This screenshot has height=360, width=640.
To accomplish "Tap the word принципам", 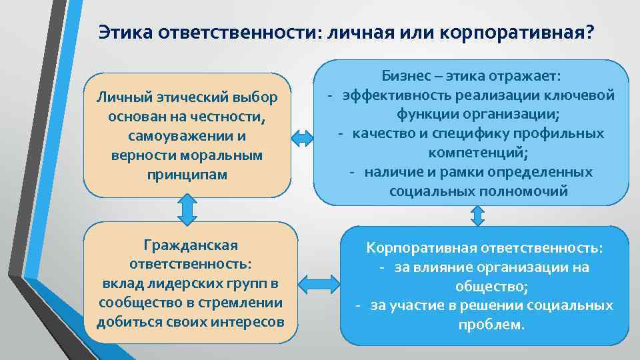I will tap(187, 173).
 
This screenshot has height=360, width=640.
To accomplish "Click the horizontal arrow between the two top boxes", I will tap(303, 138).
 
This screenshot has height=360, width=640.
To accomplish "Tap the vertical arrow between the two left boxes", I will tap(187, 209).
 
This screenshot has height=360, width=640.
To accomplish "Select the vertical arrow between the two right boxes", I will tap(478, 215).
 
